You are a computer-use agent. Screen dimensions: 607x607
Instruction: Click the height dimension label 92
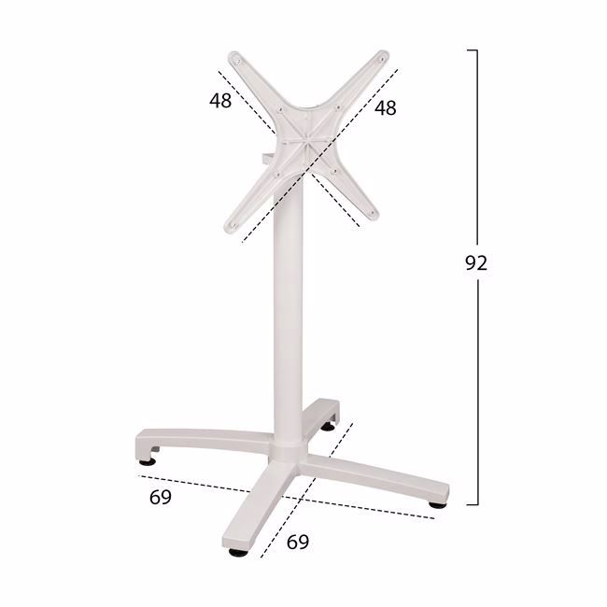[x=476, y=262]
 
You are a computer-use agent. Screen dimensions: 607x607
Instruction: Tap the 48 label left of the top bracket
[x=220, y=100]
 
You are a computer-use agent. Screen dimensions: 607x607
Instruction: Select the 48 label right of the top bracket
[x=385, y=107]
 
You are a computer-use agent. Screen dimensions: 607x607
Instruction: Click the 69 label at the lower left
[x=161, y=497]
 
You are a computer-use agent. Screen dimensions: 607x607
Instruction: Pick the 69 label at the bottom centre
[x=298, y=542]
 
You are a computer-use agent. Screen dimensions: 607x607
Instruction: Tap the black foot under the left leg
[x=148, y=461]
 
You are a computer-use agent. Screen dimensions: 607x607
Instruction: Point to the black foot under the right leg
[x=437, y=504]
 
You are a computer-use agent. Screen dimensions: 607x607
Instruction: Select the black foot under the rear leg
[x=329, y=427]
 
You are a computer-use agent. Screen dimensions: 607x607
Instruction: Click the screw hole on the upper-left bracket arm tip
[x=238, y=61]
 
